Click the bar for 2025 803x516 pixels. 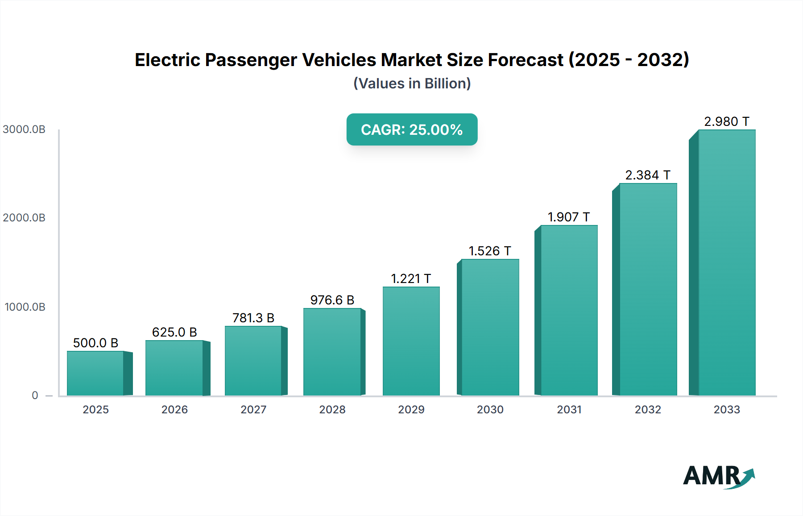[x=95, y=373]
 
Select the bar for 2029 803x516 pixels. [x=411, y=341]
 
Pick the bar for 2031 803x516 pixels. [x=569, y=310]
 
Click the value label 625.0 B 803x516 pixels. [x=174, y=332]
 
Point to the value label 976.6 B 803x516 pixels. [x=332, y=300]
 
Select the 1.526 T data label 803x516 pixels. [x=490, y=251]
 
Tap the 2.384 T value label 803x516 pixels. [x=648, y=175]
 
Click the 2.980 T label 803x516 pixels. [x=727, y=121]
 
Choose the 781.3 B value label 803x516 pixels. [x=253, y=318]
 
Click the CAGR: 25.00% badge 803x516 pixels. [x=412, y=129]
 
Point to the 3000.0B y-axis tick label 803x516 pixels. [x=24, y=129]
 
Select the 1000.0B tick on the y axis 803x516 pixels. [x=25, y=307]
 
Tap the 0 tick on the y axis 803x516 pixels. [x=35, y=395]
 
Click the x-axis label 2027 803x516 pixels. [x=253, y=409]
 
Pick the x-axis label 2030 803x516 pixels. [x=490, y=409]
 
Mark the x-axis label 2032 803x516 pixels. [x=648, y=409]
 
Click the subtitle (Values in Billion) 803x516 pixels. [x=412, y=83]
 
